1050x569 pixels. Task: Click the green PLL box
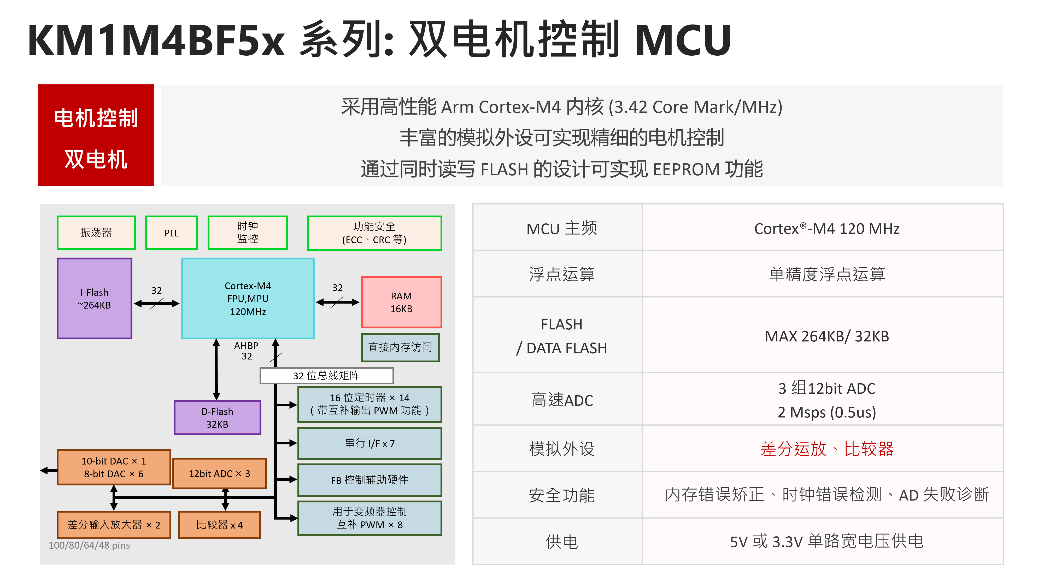tap(172, 233)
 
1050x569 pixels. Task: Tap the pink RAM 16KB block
tap(402, 302)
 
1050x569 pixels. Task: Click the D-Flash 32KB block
tap(217, 418)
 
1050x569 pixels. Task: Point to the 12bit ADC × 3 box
tap(220, 474)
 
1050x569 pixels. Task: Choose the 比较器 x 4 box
tap(220, 525)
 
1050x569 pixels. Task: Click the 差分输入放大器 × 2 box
tap(114, 525)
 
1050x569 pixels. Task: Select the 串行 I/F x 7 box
tap(370, 443)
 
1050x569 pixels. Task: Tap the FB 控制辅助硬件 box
tap(370, 480)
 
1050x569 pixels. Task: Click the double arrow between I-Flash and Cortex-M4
tap(157, 304)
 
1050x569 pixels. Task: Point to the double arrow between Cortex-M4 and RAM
tap(337, 302)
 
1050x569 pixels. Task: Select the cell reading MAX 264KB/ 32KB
tap(827, 336)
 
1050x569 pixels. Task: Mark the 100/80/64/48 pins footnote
tap(89, 545)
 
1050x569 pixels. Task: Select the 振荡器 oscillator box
tap(96, 233)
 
